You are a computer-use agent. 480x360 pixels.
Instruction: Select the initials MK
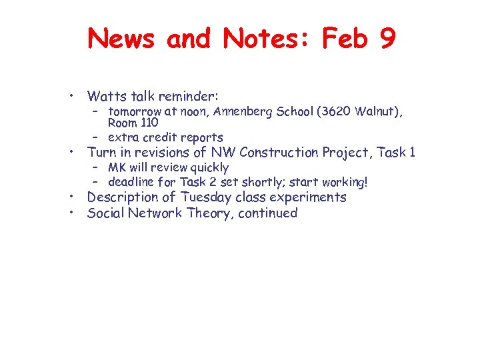pyautogui.click(x=117, y=167)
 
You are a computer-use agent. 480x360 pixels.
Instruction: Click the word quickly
pyautogui.click(x=205, y=167)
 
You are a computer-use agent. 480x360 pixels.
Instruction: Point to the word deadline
pyautogui.click(x=131, y=182)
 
